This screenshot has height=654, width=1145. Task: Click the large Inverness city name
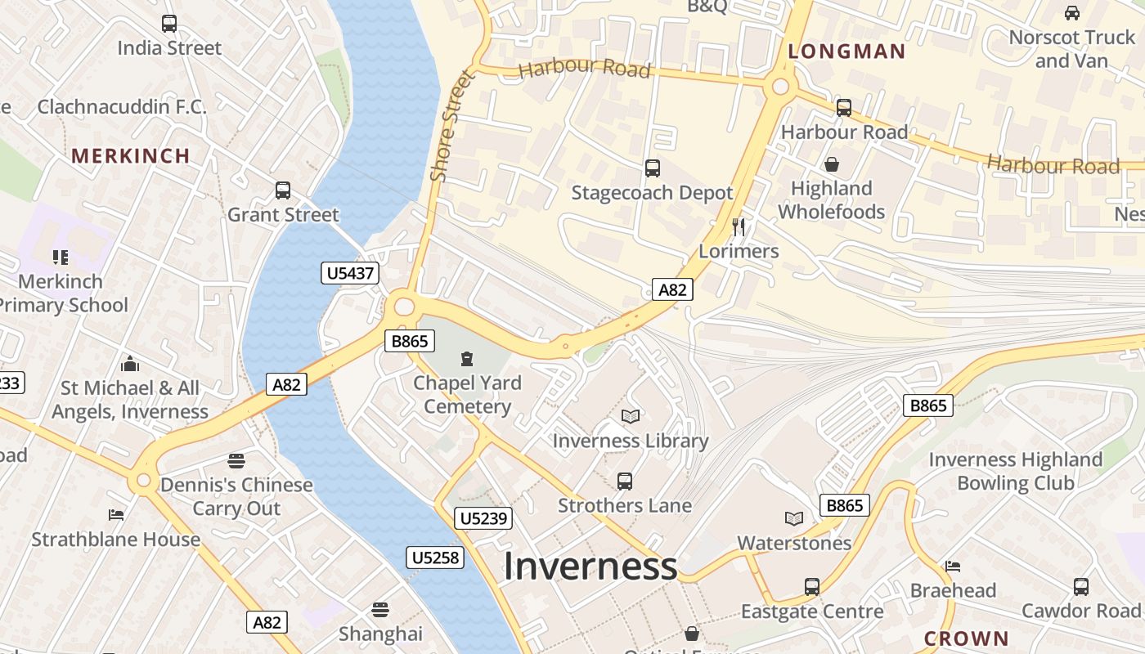coord(590,567)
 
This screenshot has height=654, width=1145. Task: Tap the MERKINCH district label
coord(131,155)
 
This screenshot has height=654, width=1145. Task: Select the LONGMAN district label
coord(846,52)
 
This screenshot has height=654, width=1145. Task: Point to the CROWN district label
coord(966,638)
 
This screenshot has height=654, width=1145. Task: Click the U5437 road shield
coord(351,273)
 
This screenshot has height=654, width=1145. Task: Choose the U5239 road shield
coord(484,517)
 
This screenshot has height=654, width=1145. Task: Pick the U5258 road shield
coord(435,558)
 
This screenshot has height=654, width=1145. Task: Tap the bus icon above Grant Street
coord(283,190)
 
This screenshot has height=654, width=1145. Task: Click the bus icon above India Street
coord(169,24)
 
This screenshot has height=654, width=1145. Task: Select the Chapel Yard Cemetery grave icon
coord(467,358)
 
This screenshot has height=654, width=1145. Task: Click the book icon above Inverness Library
coord(630,417)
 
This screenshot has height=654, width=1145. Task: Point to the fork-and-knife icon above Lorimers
coord(739,226)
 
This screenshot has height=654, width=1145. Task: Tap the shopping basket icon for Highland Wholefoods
coord(832,164)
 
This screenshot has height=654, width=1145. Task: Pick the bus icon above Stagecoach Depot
coord(652,168)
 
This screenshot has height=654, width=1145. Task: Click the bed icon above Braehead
coord(953,566)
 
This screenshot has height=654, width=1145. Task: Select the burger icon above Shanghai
coord(380,609)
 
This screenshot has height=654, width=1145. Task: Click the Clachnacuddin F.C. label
coord(122,106)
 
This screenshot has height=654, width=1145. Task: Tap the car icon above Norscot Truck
coord(1071,13)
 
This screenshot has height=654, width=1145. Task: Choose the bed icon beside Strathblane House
coord(116,514)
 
